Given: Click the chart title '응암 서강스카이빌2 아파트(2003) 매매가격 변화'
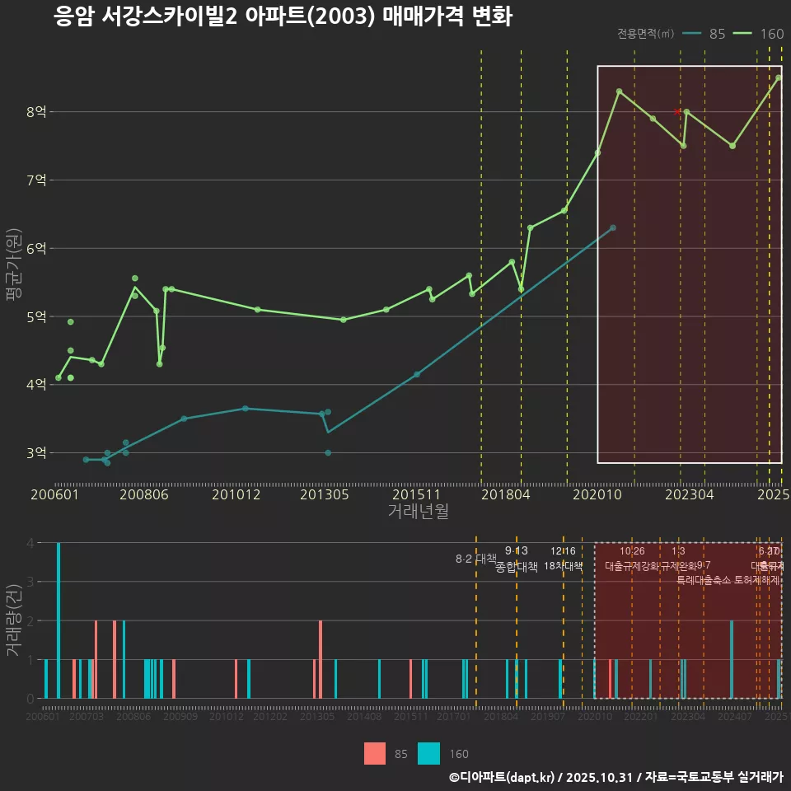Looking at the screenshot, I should pos(283,16).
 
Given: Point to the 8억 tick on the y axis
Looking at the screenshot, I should pos(36,111).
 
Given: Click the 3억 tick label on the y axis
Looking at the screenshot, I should pos(36,452).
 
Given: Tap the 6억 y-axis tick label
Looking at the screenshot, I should pos(36,248).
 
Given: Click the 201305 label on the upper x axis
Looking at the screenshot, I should pos(324,494).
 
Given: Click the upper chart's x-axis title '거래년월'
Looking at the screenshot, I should pos(418,511).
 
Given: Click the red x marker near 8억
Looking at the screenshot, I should pos(677,111).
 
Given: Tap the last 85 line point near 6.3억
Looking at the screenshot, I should pos(612,227).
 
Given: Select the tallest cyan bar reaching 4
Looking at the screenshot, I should pos(59,620).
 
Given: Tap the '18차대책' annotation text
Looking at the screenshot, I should pos(564,566).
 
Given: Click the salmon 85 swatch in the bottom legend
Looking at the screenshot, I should pos(375,753).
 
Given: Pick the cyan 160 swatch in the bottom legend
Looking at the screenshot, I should pos(428,753).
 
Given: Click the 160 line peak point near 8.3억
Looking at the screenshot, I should pos(619,91).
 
